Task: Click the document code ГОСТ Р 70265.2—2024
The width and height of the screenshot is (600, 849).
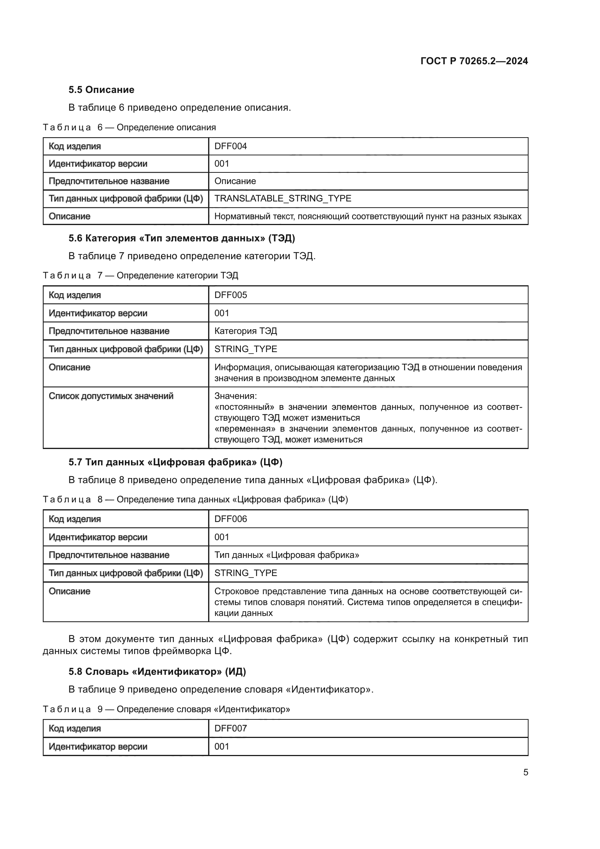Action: (x=474, y=61)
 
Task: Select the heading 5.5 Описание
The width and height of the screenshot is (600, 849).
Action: (x=101, y=90)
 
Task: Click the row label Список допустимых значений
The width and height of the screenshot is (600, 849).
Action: (x=111, y=396)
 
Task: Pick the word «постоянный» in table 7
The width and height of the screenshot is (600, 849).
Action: (x=244, y=407)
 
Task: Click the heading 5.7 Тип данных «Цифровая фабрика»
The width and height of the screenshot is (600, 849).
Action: (x=175, y=462)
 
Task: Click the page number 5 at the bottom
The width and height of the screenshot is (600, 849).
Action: (x=525, y=772)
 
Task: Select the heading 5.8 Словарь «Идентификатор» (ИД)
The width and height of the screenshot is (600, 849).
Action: (x=157, y=671)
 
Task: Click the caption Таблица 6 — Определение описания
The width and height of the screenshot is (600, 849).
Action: (x=129, y=127)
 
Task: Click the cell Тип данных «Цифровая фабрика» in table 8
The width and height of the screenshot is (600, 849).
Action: (x=287, y=555)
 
